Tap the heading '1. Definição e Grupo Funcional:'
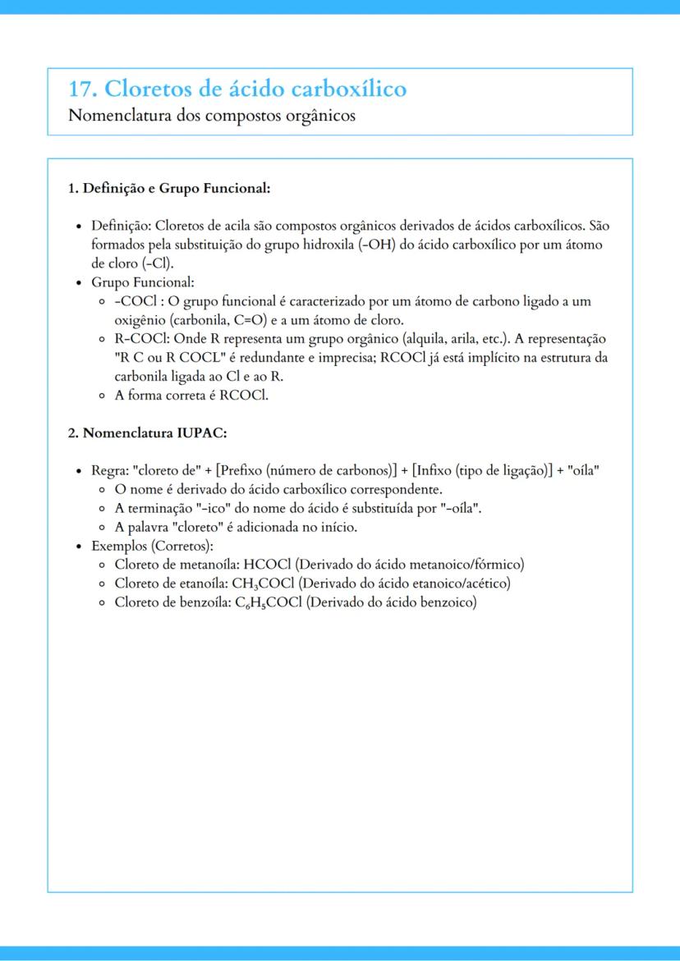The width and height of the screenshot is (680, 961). [169, 189]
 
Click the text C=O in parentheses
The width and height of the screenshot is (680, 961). [247, 320]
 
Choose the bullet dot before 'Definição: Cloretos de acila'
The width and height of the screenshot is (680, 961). [78, 226]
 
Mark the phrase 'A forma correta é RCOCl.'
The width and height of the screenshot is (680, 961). [192, 395]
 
